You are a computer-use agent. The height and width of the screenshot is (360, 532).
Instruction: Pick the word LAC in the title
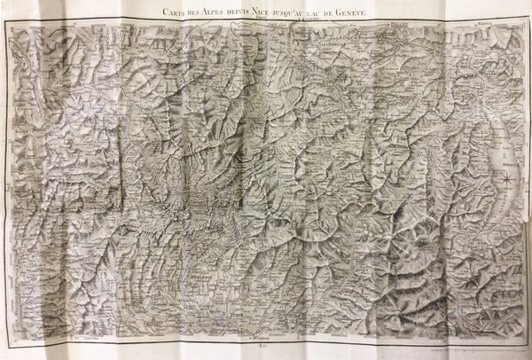tap(335, 12)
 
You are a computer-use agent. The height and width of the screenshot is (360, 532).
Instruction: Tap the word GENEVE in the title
tap(373, 12)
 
